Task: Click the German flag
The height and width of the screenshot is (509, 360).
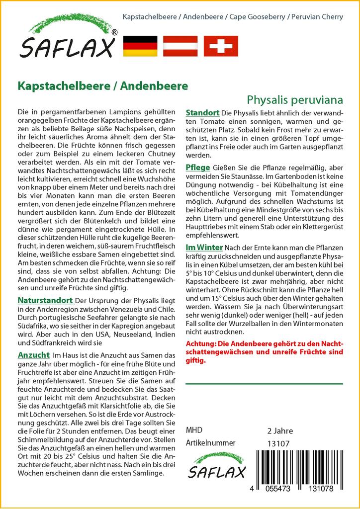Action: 140,46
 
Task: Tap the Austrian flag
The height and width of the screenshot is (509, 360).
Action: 180,46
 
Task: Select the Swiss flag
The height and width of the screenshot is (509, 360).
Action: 221,46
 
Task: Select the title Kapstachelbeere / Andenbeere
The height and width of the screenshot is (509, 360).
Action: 103,85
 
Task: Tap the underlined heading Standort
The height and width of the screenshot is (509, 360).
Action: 202,113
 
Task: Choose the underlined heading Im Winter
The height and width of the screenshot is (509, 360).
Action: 204,248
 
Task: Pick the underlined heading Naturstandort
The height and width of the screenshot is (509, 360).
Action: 45,301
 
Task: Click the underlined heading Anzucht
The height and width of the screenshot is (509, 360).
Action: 33,355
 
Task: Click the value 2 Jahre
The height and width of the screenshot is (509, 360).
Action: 280,431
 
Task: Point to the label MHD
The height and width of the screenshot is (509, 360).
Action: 194,430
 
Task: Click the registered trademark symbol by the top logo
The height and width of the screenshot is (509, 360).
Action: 115,33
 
